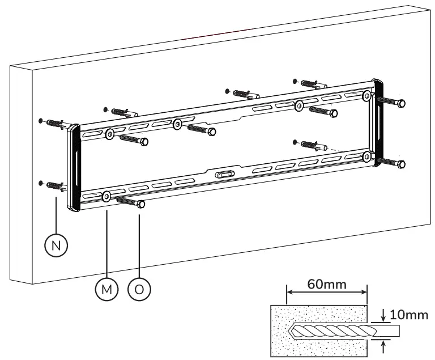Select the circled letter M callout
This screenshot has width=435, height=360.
pos(106,289)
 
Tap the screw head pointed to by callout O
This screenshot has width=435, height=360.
pos(140,204)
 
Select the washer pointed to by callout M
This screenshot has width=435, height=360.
pos(106,197)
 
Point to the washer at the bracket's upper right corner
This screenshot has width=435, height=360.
pos(368,96)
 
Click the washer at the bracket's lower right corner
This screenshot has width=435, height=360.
pos(368,156)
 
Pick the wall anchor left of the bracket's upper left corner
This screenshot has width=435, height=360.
pos(56,124)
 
